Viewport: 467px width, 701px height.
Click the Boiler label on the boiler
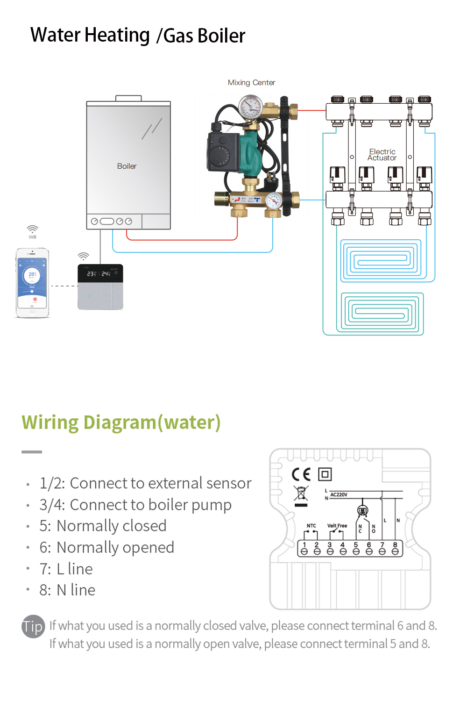127,166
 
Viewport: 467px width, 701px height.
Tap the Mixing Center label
251,83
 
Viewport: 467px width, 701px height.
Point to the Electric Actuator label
382,155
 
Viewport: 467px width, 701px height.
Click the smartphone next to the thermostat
32,283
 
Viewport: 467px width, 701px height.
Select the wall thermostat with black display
100,287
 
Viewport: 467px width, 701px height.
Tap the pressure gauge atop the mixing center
250,107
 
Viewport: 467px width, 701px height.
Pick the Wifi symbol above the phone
32,229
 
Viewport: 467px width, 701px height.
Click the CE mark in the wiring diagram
301,475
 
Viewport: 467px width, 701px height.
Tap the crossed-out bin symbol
301,494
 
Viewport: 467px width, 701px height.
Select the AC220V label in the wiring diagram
339,494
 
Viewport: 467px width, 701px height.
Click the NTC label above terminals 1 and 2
311,526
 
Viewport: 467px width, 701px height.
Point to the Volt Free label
337,526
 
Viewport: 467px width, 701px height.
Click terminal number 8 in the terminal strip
395,545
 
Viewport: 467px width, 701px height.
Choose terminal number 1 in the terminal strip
304,545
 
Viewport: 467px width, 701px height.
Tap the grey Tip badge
33,627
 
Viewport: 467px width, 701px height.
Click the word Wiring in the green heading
50,422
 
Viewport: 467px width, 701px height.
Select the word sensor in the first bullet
229,483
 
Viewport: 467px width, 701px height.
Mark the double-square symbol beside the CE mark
325,475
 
